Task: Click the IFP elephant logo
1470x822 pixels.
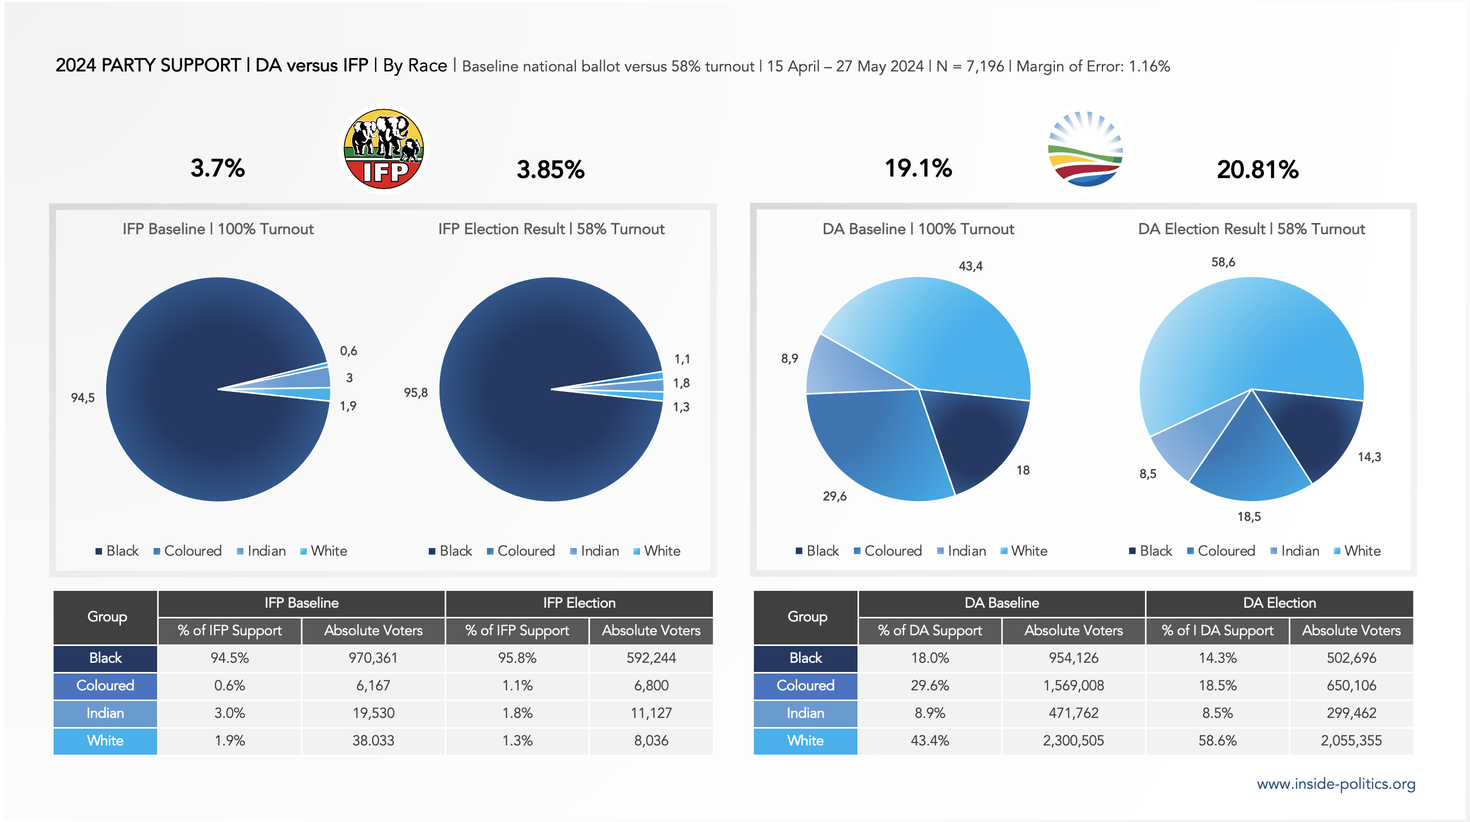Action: click(383, 149)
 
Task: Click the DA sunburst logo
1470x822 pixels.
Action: click(1085, 149)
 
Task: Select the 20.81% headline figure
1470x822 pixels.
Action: click(1257, 169)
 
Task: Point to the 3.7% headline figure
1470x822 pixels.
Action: click(217, 168)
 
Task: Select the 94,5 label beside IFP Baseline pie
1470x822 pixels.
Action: click(83, 397)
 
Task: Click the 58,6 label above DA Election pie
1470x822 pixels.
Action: click(1223, 262)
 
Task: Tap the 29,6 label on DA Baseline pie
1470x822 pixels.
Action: click(835, 496)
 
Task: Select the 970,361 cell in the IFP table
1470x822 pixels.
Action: click(373, 658)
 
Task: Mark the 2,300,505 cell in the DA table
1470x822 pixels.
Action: click(1073, 740)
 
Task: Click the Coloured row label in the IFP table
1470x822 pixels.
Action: click(105, 686)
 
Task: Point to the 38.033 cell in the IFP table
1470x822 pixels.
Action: click(373, 740)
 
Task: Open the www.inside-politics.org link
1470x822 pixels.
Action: click(1335, 784)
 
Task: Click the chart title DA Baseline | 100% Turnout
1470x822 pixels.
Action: click(918, 229)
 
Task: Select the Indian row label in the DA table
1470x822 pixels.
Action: click(805, 713)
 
